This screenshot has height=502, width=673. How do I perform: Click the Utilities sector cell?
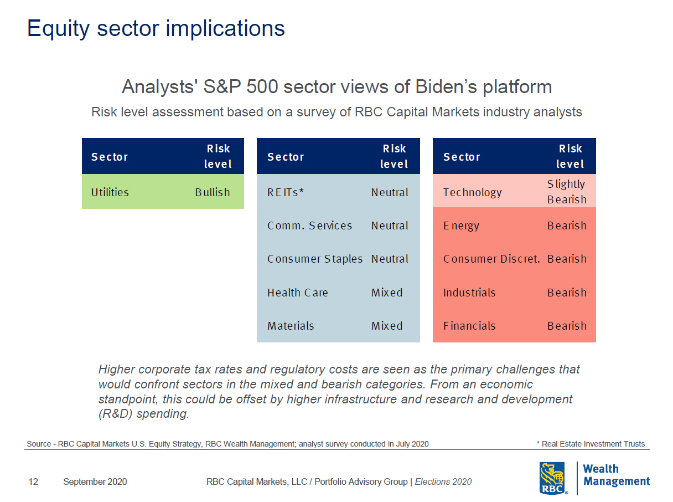(110, 192)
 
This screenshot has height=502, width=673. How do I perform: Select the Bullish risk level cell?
(212, 192)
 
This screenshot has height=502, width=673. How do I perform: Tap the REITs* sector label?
(286, 192)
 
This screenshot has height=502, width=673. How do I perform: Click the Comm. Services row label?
(309, 226)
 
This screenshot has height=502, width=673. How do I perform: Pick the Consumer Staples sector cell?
(314, 259)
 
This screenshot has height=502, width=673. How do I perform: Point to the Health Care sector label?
(297, 293)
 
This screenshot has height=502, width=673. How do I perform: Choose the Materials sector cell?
(291, 326)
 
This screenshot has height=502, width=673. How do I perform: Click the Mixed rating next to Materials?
(387, 326)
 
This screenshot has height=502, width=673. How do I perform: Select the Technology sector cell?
(472, 192)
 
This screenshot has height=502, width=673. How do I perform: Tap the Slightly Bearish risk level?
(566, 192)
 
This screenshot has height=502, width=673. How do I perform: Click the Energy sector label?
(461, 226)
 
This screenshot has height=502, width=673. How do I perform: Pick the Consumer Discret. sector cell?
(491, 259)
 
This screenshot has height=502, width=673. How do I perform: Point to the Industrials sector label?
(469, 293)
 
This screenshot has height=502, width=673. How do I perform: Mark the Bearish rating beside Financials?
(567, 326)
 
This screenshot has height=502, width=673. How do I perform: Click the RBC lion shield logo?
(553, 478)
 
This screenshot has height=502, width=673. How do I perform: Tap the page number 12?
(33, 482)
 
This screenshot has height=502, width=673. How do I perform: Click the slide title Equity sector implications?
(156, 28)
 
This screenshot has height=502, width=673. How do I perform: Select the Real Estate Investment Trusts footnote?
(591, 444)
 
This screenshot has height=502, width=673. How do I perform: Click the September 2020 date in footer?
(95, 482)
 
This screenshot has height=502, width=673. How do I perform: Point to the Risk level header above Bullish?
(218, 156)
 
